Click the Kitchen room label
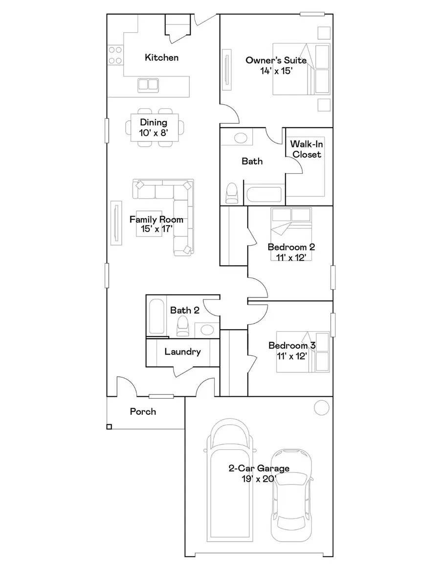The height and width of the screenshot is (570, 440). coord(161,58)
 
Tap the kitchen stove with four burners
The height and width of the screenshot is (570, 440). coord(115,55)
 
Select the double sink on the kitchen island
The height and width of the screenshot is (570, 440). coord(148,85)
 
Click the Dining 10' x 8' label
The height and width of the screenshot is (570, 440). coord(154,127)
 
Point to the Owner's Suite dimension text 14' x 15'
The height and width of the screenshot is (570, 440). coord(276,70)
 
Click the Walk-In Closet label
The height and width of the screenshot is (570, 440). coord(306,149)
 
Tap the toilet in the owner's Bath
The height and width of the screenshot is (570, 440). coord(232,193)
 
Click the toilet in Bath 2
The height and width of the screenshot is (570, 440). coord(182,326)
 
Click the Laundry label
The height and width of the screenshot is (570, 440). coord(182,351)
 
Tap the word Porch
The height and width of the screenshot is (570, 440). coord(143,411)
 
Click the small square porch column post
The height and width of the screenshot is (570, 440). coord(109,427)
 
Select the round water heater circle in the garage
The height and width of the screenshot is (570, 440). coord(322,407)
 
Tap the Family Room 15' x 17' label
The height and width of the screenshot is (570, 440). coord(156,224)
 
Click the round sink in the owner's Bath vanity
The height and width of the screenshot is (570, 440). coord(241,137)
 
